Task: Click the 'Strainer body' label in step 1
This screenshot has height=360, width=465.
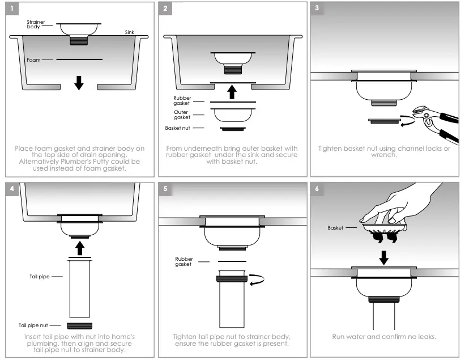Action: (x=36, y=24)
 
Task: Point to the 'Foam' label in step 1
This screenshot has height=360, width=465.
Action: (x=33, y=60)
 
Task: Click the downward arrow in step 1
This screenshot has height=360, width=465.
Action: (x=79, y=83)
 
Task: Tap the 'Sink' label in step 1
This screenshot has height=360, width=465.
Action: (x=130, y=32)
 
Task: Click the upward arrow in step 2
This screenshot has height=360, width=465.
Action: (x=231, y=91)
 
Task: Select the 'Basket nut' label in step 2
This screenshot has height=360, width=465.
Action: (x=177, y=129)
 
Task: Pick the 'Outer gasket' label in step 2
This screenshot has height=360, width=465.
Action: (x=182, y=115)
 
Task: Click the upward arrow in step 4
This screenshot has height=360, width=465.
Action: (x=79, y=248)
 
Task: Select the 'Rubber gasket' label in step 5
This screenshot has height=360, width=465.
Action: (x=184, y=261)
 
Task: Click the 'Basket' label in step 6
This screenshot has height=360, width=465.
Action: (x=336, y=228)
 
